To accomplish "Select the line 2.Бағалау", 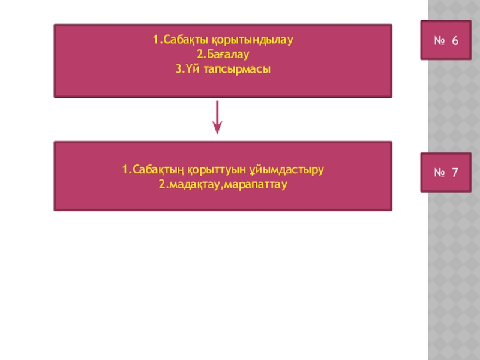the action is pyautogui.click(x=223, y=55).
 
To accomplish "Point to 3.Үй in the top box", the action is pyautogui.click(x=185, y=70).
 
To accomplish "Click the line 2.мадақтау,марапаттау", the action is pyautogui.click(x=223, y=184).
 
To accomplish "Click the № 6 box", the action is pyautogui.click(x=446, y=41).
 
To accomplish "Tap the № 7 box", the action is pyautogui.click(x=446, y=173).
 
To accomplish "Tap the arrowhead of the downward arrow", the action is pyautogui.click(x=217, y=128).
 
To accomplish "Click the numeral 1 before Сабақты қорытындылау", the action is pyautogui.click(x=155, y=41).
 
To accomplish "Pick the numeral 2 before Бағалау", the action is pyautogui.click(x=200, y=55).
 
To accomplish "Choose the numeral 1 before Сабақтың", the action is pyautogui.click(x=124, y=170).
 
